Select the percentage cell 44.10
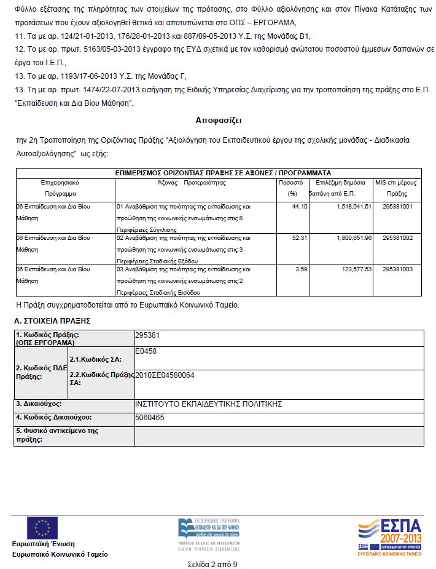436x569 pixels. [x=300, y=207]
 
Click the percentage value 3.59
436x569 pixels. [x=301, y=269]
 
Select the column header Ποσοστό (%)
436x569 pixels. [x=290, y=188]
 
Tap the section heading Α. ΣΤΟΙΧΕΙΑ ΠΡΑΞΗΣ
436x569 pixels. [x=52, y=320]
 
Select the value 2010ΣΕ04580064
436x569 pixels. [x=165, y=375]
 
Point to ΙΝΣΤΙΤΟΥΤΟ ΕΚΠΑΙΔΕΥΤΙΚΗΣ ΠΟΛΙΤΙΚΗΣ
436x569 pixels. [x=208, y=404]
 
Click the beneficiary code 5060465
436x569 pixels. [x=150, y=418]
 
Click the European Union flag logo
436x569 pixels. [x=42, y=527]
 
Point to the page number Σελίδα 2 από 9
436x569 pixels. [x=212, y=564]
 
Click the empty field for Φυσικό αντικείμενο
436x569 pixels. [x=279, y=436]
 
